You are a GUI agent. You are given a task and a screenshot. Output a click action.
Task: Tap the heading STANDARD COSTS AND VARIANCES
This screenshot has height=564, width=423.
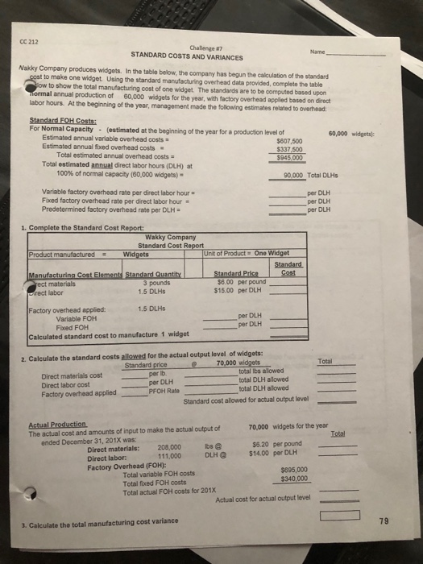point(186,57)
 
